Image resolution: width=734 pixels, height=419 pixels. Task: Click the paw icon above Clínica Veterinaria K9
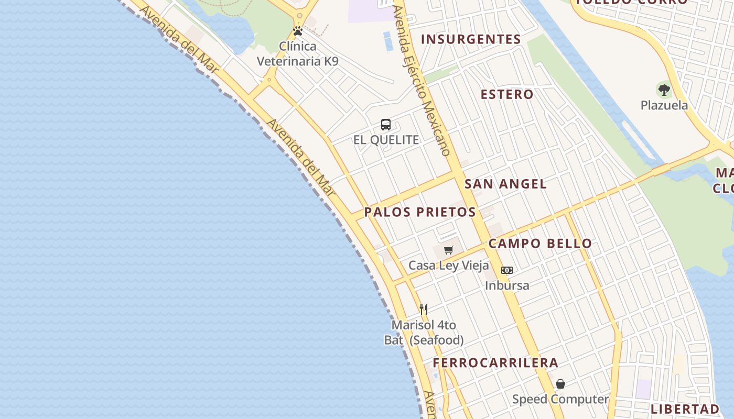tap(298, 31)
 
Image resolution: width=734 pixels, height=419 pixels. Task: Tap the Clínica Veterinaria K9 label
tap(297, 53)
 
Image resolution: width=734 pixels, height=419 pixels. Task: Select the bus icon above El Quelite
tap(386, 125)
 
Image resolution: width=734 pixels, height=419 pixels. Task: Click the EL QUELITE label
tap(386, 140)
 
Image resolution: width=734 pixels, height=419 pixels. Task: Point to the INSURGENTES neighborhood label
tap(471, 39)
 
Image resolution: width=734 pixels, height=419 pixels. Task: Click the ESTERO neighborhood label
tap(507, 94)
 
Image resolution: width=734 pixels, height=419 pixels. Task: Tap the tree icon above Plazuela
tap(664, 90)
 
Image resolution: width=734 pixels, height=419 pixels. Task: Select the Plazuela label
tap(664, 105)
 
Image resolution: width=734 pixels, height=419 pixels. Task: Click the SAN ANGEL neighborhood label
tap(505, 184)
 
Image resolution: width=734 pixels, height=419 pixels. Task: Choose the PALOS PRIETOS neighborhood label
tap(420, 212)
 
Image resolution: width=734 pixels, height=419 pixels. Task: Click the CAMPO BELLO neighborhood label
tap(540, 244)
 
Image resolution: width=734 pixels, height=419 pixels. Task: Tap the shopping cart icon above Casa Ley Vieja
tap(448, 250)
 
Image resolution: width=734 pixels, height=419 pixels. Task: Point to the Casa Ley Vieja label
tap(448, 266)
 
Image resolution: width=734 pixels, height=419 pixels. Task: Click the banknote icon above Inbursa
tap(506, 270)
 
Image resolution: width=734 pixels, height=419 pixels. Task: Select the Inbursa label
tap(506, 285)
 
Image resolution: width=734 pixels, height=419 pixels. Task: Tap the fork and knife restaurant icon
tap(424, 309)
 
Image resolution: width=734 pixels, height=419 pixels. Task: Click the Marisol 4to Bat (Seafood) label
tap(424, 333)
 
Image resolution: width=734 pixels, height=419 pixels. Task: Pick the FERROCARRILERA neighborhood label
tap(495, 363)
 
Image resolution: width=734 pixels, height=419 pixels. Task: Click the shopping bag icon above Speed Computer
tap(560, 384)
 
